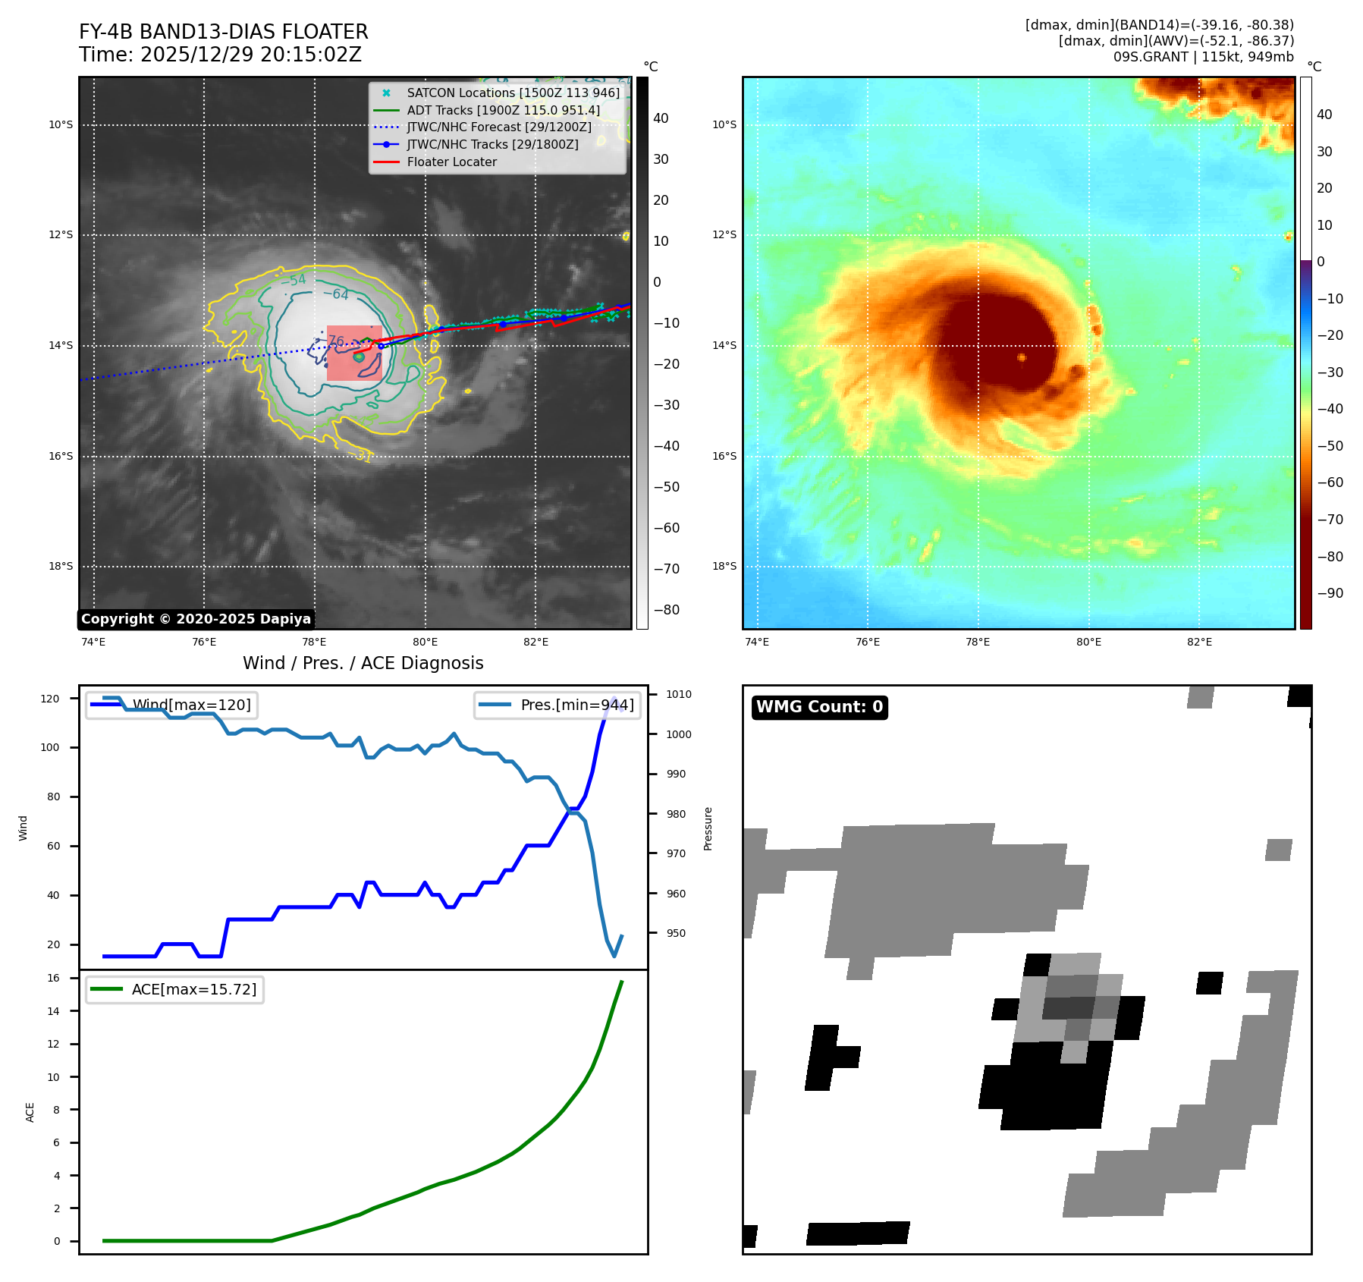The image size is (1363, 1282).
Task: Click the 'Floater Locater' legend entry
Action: [x=451, y=162]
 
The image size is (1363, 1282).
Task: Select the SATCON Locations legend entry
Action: [x=513, y=93]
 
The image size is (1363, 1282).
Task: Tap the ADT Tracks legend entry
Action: [x=503, y=110]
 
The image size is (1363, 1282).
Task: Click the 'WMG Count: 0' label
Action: [x=819, y=707]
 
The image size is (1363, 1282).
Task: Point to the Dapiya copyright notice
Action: [x=196, y=619]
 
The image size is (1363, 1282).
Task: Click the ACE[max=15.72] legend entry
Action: [x=193, y=989]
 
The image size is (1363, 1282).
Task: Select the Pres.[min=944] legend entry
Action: [x=576, y=705]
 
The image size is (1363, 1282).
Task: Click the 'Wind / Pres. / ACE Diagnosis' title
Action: [x=363, y=663]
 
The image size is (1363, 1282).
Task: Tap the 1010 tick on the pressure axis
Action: [x=679, y=694]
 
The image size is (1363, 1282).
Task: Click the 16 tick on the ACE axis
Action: [x=53, y=978]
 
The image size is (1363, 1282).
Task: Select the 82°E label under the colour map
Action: [x=1199, y=642]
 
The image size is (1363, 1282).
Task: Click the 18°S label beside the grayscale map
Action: [x=61, y=566]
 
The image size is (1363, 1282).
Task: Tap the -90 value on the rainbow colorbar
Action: [x=1330, y=593]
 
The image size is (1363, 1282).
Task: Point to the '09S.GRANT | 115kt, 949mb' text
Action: [x=1203, y=57]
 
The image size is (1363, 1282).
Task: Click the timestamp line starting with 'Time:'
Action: [x=220, y=55]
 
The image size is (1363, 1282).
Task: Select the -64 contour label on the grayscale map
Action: [x=336, y=294]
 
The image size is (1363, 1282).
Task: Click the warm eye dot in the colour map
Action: [x=1022, y=357]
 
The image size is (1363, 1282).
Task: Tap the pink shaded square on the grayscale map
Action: [x=353, y=353]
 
